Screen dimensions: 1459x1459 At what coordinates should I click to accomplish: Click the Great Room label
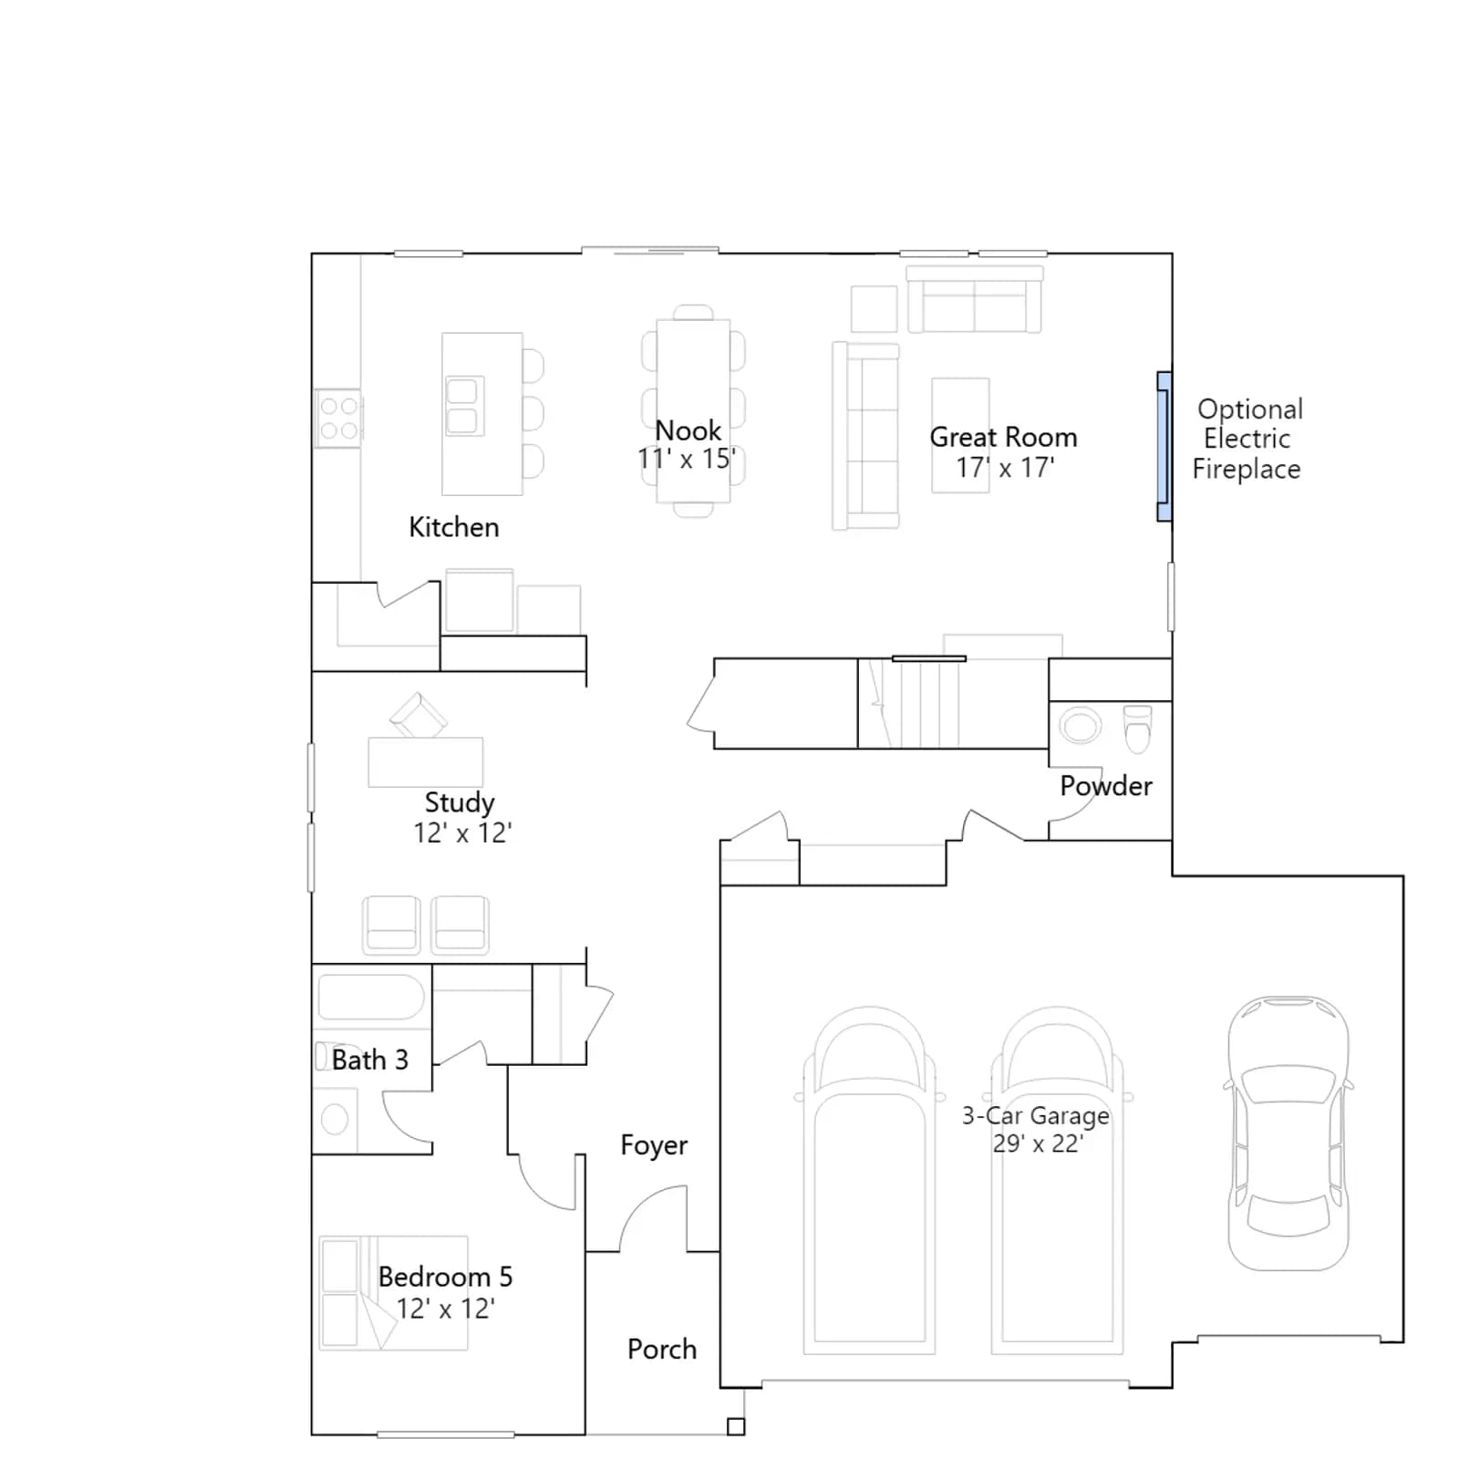point(1003,438)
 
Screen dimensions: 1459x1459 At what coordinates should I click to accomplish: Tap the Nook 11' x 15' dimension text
point(687,459)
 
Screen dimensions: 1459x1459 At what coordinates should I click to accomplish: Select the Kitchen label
point(454,527)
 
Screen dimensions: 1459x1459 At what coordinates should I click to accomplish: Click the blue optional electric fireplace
point(1164,446)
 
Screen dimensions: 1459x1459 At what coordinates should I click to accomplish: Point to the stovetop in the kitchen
point(338,419)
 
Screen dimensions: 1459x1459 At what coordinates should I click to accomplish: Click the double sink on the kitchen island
point(464,406)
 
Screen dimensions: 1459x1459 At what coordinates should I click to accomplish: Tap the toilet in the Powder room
point(1137,729)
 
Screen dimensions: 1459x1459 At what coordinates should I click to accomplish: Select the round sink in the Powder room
point(1080,727)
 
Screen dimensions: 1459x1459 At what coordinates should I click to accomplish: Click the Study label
point(460,802)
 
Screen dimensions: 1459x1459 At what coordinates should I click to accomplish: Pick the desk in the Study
point(426,761)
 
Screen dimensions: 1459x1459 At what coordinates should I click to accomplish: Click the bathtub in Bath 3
point(371,997)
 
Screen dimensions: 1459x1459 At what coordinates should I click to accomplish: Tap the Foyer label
point(654,1145)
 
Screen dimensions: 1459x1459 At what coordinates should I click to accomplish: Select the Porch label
point(662,1349)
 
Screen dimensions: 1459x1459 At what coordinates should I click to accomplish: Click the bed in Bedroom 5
point(393,1292)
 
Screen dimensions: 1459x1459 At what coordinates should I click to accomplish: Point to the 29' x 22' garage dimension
point(1038,1143)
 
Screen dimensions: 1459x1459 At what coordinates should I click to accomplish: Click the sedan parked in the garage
point(1288,1133)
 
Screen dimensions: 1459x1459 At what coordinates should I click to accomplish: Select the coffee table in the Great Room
point(960,436)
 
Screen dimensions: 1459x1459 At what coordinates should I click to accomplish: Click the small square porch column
point(736,1427)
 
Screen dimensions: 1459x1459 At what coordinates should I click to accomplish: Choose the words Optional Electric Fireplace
point(1247,439)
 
